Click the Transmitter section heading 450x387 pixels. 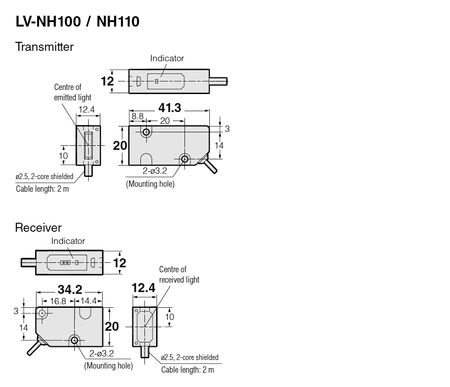(x=44, y=46)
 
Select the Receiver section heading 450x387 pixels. (x=38, y=228)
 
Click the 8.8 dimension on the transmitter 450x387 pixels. (x=137, y=117)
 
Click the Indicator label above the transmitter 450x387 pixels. (x=167, y=58)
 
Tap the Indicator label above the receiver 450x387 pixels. (x=68, y=241)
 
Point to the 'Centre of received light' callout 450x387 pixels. (x=179, y=274)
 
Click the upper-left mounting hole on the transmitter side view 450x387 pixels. (x=146, y=132)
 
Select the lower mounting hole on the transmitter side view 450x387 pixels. (x=184, y=158)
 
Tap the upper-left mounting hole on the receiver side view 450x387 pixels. (x=42, y=313)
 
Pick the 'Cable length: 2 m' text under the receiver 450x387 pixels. (x=188, y=370)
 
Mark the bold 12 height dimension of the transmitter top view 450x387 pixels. (x=107, y=81)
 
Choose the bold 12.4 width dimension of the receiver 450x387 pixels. (x=144, y=288)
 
